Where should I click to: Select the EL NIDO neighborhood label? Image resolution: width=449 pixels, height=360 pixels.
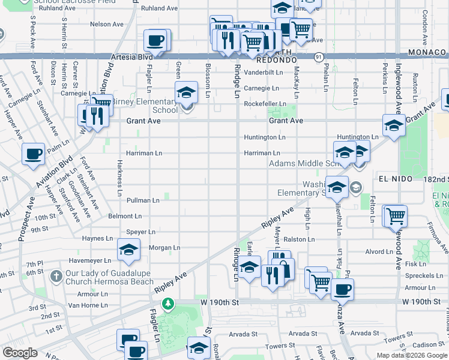click(394, 179)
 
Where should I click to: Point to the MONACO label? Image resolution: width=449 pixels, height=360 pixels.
click(427, 53)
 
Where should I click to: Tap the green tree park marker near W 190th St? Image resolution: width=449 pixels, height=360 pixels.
click(170, 303)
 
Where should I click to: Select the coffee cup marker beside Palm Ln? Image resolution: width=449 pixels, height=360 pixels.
click(33, 154)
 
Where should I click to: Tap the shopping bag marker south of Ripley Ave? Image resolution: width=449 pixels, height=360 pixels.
click(283, 268)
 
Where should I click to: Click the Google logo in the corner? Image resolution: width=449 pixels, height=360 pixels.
click(20, 353)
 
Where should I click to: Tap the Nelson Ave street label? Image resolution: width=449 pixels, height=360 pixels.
click(106, 24)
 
